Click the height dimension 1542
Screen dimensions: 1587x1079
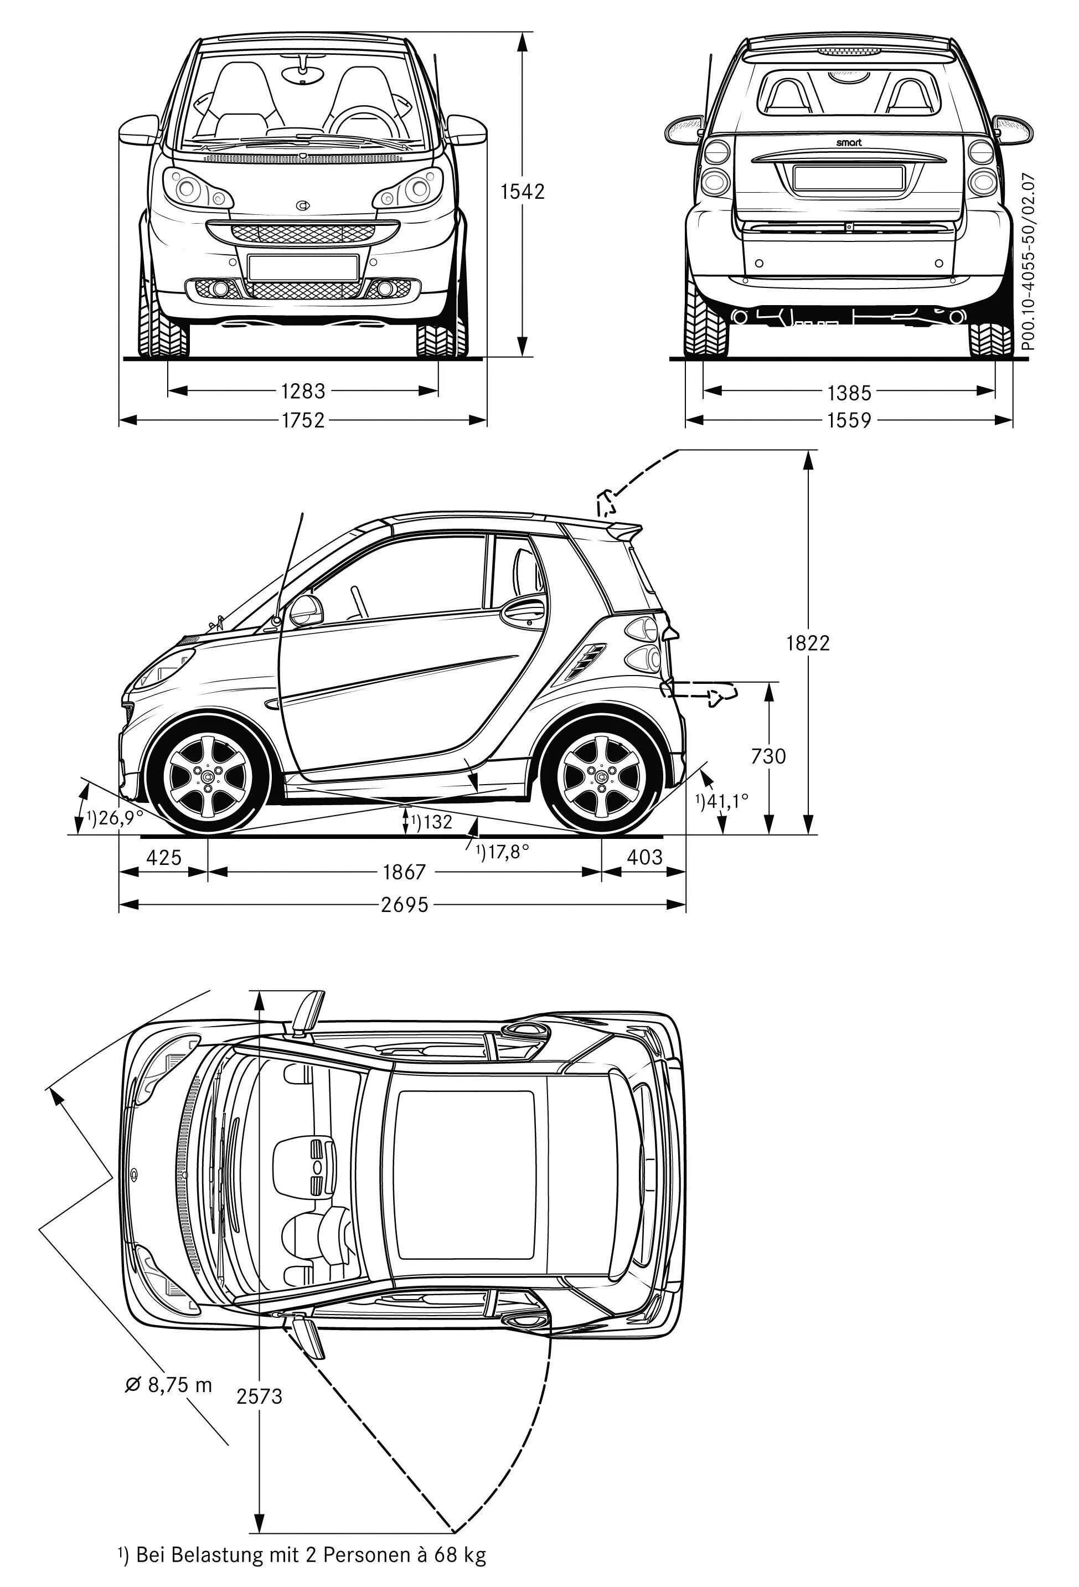[523, 192]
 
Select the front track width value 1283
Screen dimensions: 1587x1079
[303, 391]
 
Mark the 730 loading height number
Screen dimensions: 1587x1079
[768, 756]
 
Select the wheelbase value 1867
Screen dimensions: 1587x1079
[404, 872]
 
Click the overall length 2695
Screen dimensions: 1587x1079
[404, 905]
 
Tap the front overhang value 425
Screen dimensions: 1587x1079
[164, 857]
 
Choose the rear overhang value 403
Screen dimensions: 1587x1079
[644, 857]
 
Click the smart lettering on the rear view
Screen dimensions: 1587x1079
[849, 143]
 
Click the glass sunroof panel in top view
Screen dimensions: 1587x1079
[465, 1174]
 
